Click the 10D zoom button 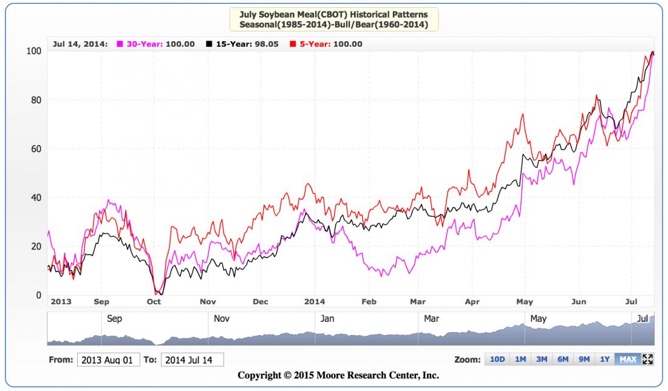497,359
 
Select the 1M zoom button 520,359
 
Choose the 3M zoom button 542,359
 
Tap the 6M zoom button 563,359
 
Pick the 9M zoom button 584,359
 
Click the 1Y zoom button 604,359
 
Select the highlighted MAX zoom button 627,359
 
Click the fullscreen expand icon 647,359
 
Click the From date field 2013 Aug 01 109,360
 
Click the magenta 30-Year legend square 120,44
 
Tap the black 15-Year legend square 210,44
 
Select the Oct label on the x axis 154,301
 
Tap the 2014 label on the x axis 315,301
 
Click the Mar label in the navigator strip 431,318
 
